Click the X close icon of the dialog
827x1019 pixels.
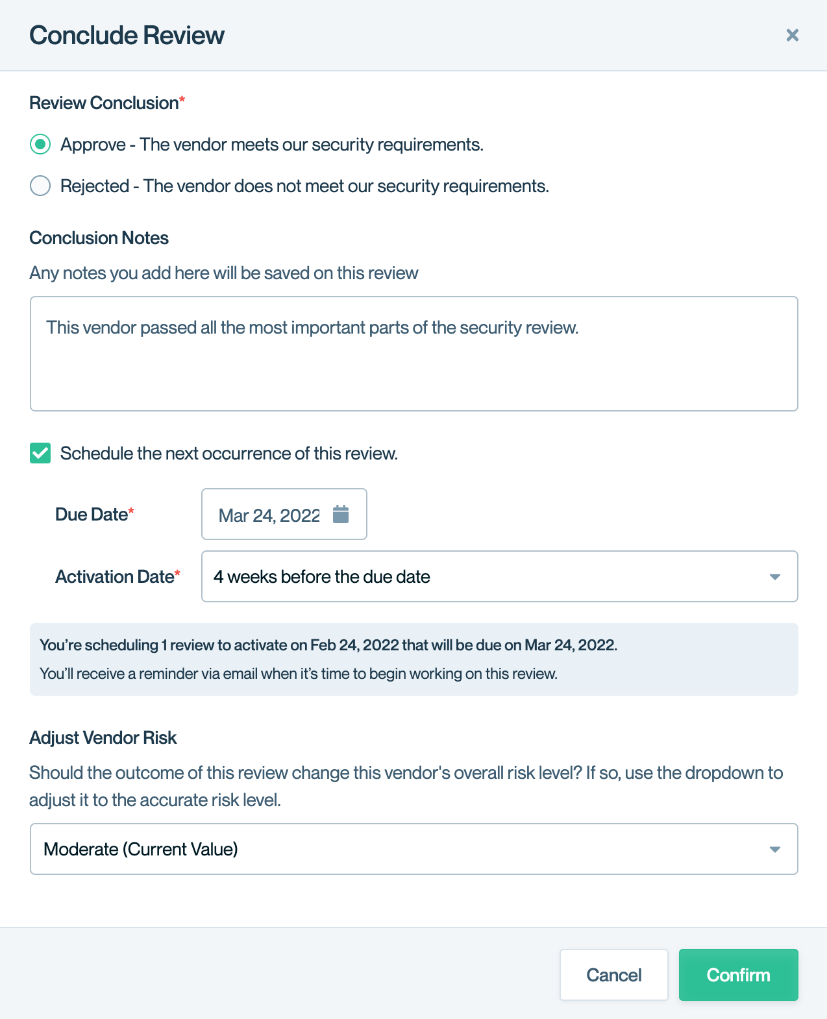pos(792,35)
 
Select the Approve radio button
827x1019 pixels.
pos(40,144)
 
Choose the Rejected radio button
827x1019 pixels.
pos(40,186)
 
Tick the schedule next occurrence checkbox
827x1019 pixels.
pos(40,453)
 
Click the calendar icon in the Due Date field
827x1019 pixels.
pos(341,514)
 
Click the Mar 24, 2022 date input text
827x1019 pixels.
pos(269,515)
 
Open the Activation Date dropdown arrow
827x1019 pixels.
pos(774,577)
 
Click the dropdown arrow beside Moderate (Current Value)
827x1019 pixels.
pos(774,850)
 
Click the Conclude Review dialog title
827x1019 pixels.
pos(127,36)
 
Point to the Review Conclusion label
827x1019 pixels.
pos(104,103)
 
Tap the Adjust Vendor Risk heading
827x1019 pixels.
pos(103,738)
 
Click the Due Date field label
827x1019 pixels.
pos(92,515)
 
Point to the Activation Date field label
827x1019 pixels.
pos(115,577)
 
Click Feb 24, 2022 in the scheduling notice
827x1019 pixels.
pos(354,645)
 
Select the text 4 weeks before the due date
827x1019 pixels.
pos(322,577)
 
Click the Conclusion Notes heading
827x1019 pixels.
pos(99,238)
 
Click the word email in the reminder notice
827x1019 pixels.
pos(240,674)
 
